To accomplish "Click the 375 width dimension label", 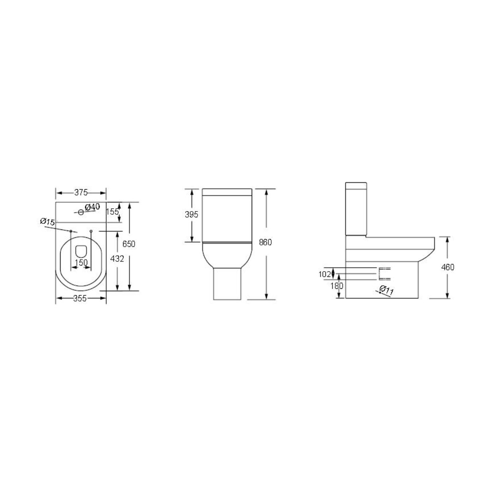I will click(81, 193).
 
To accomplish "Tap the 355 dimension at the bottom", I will click(80, 299).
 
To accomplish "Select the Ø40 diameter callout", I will click(92, 207).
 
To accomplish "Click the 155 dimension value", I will click(112, 212).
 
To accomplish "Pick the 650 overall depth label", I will click(129, 244).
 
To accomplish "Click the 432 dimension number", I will click(117, 259).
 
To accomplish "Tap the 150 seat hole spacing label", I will click(81, 263).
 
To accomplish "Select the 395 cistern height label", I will click(192, 215).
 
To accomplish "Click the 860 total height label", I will click(265, 242).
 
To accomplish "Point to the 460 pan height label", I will click(448, 267).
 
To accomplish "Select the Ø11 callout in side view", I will click(386, 290).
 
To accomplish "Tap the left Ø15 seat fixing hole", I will click(71, 231).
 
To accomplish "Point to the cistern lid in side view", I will click(356, 185).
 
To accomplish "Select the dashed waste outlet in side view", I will click(384, 274).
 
